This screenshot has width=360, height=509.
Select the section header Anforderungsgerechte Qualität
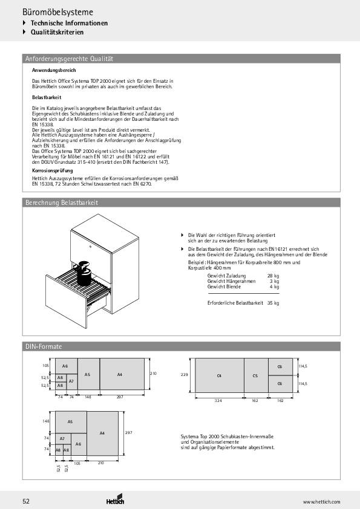pos(69,59)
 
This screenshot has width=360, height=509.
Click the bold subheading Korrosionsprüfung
pos(48,171)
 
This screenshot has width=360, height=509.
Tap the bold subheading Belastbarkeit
pos(46,97)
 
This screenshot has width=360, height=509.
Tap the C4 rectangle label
pos(218,376)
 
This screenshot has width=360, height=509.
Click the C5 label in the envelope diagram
pos(255,376)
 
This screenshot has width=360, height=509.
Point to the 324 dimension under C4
pos(218,401)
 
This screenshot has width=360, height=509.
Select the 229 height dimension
pos(186,375)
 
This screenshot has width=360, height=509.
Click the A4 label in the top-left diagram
pos(120,375)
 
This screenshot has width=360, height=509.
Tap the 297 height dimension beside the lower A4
pos(128,433)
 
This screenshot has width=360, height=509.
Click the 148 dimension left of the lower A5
pos(45,421)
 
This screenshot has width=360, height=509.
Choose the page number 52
pos(26,501)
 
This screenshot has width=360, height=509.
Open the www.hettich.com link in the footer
pos(321,502)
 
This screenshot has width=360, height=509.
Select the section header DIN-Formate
pos(44,346)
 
